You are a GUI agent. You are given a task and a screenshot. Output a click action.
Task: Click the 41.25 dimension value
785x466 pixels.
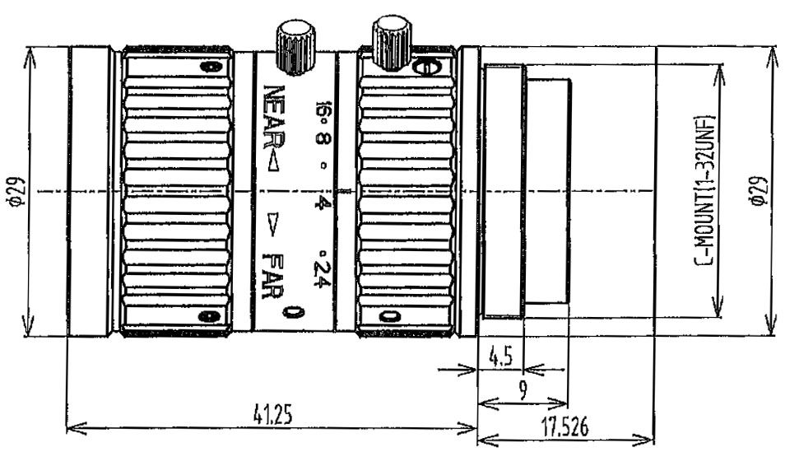pos(272,416)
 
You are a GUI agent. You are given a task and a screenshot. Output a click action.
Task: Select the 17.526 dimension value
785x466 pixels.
pos(564,426)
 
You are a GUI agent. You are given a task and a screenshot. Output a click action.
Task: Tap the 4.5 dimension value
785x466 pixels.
pos(500,358)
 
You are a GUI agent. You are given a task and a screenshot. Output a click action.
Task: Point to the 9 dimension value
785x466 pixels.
pos(523,391)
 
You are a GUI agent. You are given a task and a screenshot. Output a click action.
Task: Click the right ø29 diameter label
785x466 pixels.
pos(759,190)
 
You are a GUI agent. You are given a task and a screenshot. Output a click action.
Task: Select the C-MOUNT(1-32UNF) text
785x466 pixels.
pos(706,191)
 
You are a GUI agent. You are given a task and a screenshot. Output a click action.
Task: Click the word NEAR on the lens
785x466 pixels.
pos(274,116)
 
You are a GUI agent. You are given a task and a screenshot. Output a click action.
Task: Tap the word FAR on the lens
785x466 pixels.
pos(273,275)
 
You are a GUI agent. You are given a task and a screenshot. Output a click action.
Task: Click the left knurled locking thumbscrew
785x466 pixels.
pos(296,48)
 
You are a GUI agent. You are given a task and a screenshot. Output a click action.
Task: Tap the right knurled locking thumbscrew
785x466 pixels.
pos(391,41)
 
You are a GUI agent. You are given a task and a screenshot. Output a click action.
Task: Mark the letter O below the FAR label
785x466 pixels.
pos(293,312)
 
